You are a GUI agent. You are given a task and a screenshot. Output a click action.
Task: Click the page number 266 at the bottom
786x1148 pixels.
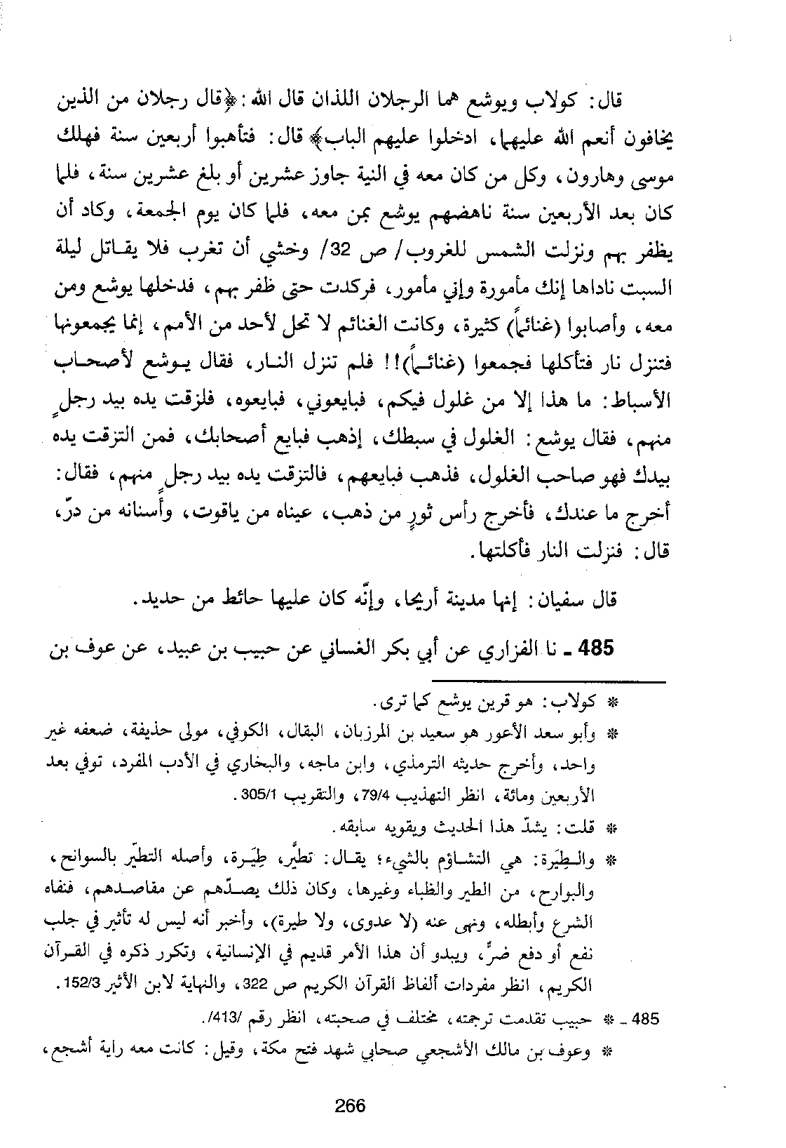350,1106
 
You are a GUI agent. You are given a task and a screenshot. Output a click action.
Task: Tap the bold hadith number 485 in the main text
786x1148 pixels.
593,648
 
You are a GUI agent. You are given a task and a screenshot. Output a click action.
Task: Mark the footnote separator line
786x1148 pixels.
548,680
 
